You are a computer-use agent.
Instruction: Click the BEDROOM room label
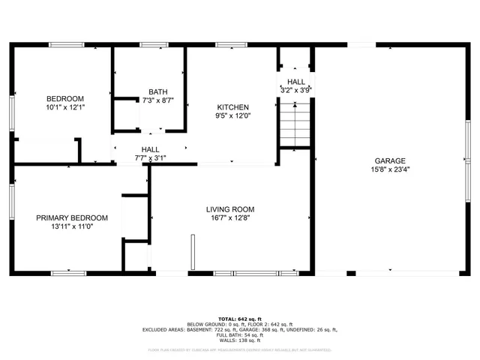click(x=65, y=99)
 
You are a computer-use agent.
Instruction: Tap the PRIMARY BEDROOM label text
click(x=72, y=218)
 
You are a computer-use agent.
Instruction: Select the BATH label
click(x=157, y=91)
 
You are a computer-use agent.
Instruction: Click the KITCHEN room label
click(x=233, y=107)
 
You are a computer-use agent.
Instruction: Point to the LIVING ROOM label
click(x=231, y=209)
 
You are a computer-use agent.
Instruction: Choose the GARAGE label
click(x=390, y=160)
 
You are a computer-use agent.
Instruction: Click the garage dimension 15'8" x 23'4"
click(x=390, y=169)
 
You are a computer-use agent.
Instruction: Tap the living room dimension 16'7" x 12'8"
click(x=231, y=218)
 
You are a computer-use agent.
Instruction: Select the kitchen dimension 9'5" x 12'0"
click(x=233, y=116)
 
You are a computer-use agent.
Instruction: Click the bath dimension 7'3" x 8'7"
click(x=157, y=100)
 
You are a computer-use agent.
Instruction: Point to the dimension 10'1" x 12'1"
click(x=65, y=108)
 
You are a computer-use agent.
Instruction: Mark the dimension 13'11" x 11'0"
click(x=72, y=227)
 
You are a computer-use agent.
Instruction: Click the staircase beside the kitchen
click(x=295, y=124)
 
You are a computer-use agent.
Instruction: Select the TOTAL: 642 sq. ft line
click(x=240, y=319)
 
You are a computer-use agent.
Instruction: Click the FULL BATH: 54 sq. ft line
click(x=240, y=334)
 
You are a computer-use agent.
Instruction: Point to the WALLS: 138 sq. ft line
click(x=240, y=340)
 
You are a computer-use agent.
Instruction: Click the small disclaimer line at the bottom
click(x=240, y=349)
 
